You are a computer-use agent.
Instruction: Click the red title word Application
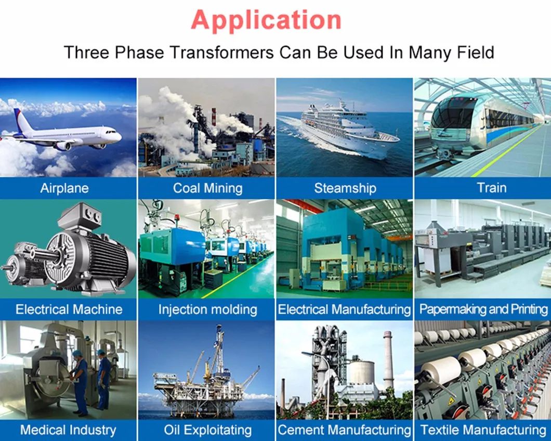coord(266,20)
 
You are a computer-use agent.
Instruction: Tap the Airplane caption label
coord(64,188)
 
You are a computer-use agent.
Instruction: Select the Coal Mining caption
coord(207,188)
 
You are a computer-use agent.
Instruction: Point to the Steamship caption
coord(345,188)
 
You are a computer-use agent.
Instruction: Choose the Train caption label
coord(491,188)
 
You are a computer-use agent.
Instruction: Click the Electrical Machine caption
coord(69,310)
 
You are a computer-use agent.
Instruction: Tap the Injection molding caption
coord(207,310)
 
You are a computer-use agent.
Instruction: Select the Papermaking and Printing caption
coord(483,310)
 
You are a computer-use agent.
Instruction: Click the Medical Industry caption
coord(68,430)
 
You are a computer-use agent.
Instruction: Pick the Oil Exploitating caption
coord(207,430)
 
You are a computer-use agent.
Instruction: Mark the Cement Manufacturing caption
coord(344,430)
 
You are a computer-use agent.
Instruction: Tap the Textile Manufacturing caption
coord(483,430)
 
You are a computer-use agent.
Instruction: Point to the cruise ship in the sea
coord(348,130)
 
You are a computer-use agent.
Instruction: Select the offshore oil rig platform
coord(208,385)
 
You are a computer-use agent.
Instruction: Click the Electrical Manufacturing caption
coord(344,310)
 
